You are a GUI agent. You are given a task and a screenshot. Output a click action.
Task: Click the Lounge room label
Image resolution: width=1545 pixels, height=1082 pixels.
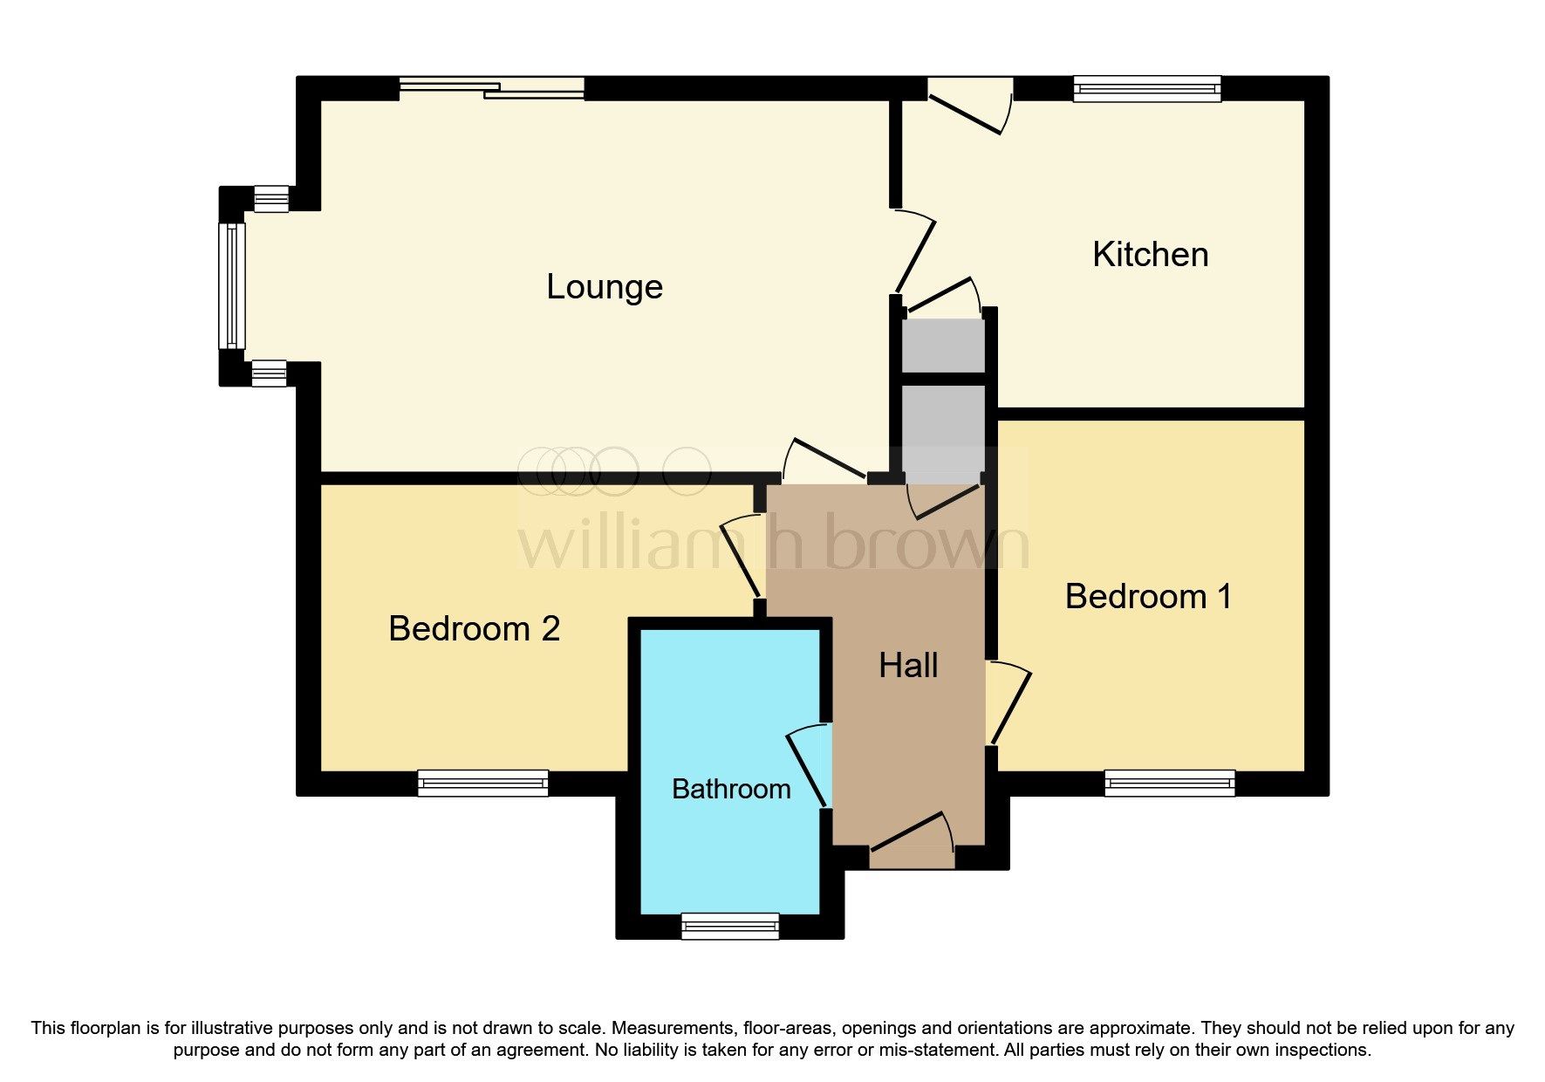point(605,287)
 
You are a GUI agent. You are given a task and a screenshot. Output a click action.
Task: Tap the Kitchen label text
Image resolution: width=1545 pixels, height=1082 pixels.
point(1151,255)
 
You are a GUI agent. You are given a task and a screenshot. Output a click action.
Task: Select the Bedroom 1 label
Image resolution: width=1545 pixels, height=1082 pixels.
point(1149,597)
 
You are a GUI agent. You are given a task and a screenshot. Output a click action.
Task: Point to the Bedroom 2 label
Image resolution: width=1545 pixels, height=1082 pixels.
point(474,629)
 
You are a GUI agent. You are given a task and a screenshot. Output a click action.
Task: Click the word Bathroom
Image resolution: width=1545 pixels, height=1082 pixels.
point(731,789)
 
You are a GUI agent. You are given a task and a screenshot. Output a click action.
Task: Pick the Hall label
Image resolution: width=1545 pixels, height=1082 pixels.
point(908,666)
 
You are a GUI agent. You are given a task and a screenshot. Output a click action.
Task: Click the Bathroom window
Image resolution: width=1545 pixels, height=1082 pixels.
point(730,926)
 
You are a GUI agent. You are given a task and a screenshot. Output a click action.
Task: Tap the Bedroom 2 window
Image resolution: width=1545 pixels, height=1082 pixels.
point(483,783)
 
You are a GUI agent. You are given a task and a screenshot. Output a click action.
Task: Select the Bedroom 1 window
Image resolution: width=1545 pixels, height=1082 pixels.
point(1170,783)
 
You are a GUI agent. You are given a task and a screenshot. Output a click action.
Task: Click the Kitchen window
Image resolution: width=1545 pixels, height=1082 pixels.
point(1147,89)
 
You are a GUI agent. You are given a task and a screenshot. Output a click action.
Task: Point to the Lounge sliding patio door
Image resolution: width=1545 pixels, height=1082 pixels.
point(492,87)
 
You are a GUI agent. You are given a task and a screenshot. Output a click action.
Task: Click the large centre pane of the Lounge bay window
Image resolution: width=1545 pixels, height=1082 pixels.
point(232,286)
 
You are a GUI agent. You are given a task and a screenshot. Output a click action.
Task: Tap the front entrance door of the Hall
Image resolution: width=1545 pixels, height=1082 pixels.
point(912,840)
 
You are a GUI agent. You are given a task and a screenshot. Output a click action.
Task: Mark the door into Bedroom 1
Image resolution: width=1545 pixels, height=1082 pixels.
point(1008,703)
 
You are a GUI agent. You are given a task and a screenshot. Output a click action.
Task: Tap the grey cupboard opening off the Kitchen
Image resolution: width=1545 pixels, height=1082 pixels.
point(943,346)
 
